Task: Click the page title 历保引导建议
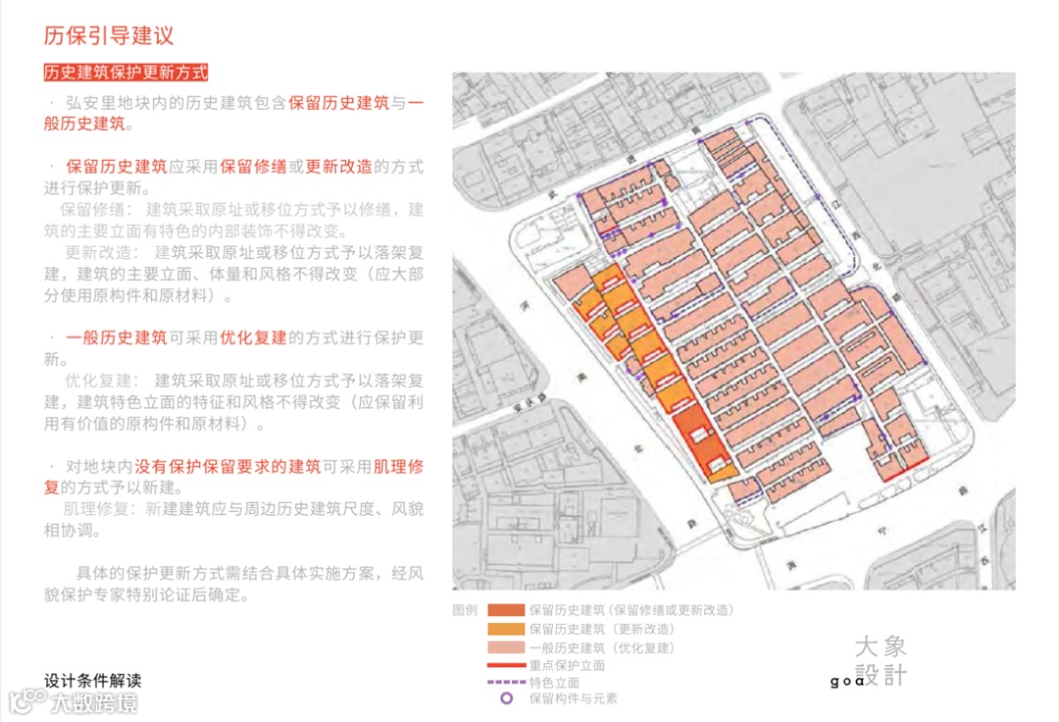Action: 109,37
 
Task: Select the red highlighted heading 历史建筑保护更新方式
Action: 126,74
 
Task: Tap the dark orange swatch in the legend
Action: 506,610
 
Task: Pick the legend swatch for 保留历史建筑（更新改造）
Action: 506,629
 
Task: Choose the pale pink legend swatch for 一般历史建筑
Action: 506,647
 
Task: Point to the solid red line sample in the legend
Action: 506,665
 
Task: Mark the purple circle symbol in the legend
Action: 506,699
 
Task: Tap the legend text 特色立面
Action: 553,683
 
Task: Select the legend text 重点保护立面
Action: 566,665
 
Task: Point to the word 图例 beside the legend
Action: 465,610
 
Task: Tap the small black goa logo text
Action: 846,681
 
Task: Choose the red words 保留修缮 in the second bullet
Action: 252,167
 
